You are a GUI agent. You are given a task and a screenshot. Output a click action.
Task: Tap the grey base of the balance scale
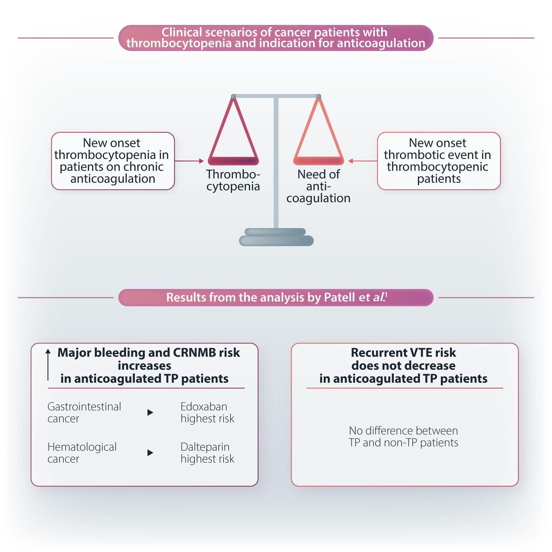pyautogui.click(x=276, y=237)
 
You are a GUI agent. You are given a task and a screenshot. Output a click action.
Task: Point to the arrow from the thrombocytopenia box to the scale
pyautogui.click(x=189, y=161)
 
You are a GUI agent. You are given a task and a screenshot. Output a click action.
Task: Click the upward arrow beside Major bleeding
pyautogui.click(x=48, y=365)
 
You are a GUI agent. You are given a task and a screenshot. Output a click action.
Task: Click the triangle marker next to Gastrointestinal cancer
pyautogui.click(x=150, y=412)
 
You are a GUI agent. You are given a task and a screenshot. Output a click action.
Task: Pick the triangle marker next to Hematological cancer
pyautogui.click(x=150, y=453)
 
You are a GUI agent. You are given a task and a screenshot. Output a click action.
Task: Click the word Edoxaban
pyautogui.click(x=204, y=406)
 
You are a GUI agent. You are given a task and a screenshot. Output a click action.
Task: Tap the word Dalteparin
pyautogui.click(x=205, y=447)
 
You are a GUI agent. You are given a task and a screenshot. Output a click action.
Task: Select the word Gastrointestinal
pyautogui.click(x=84, y=406)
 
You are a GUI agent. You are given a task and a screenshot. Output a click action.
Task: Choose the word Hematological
pyautogui.click(x=82, y=447)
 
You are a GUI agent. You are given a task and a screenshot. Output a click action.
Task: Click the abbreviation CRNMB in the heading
pyautogui.click(x=194, y=353)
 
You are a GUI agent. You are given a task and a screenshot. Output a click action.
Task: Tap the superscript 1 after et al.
pyautogui.click(x=386, y=295)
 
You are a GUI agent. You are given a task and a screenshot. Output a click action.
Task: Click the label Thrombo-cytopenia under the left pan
pyautogui.click(x=233, y=180)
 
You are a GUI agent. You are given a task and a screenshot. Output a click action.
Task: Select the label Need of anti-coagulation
pyautogui.click(x=319, y=186)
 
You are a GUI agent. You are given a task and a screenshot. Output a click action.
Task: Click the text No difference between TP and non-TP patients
pyautogui.click(x=403, y=436)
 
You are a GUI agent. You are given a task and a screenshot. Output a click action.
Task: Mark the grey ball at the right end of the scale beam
pyautogui.click(x=319, y=96)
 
